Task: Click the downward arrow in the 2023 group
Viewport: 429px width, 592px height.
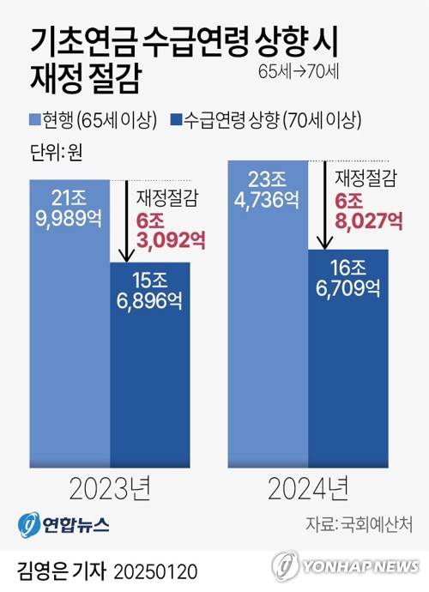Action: coord(126,220)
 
